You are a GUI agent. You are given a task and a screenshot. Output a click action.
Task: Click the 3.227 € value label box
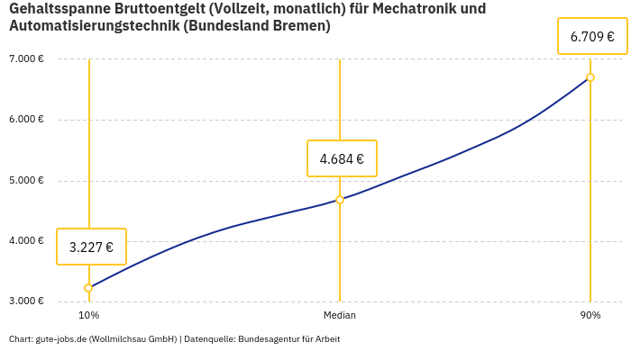pyautogui.click(x=91, y=247)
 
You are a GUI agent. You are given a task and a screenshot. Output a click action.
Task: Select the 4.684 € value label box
pyautogui.click(x=342, y=158)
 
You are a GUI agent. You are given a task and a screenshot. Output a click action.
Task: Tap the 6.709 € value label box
pyautogui.click(x=592, y=37)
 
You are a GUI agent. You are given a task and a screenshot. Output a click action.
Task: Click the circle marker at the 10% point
pyautogui.click(x=88, y=288)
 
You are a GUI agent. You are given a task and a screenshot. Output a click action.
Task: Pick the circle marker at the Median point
pyautogui.click(x=340, y=200)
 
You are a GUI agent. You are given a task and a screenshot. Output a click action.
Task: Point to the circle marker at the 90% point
pyautogui.click(x=590, y=77)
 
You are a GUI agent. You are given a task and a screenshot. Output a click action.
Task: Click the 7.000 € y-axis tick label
pyautogui.click(x=26, y=59)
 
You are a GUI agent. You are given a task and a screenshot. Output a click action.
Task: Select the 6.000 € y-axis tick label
pyautogui.click(x=26, y=120)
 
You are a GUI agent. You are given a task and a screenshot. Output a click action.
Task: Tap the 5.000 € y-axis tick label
pyautogui.click(x=26, y=180)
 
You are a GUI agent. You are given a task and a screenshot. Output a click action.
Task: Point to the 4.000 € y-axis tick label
pyautogui.click(x=26, y=240)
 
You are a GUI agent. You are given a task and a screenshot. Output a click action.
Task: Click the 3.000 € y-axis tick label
pyautogui.click(x=26, y=301)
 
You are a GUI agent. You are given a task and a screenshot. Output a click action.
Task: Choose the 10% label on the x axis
pyautogui.click(x=88, y=316)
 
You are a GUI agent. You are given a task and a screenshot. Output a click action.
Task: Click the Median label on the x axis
pyautogui.click(x=340, y=316)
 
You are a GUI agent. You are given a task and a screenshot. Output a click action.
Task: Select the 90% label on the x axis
pyautogui.click(x=590, y=316)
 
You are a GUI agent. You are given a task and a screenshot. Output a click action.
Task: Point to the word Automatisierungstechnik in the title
pyautogui.click(x=94, y=26)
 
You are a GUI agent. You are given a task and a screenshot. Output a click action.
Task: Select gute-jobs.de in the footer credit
pyautogui.click(x=59, y=339)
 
